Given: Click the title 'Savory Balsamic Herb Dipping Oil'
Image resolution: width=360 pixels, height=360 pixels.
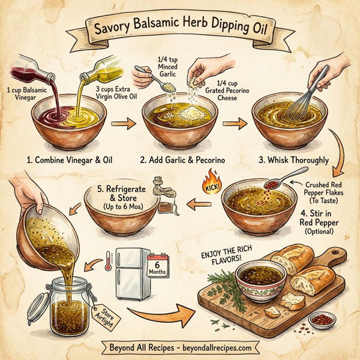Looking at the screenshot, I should pos(180,29).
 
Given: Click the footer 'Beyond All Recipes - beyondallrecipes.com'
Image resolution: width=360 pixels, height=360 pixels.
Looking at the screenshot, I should pos(180,347).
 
